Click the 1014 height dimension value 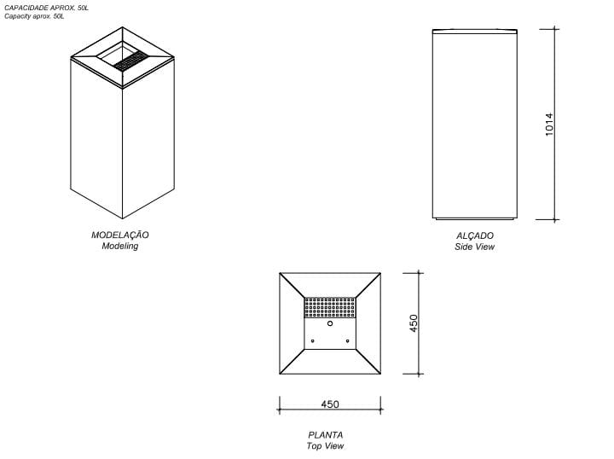click(549, 125)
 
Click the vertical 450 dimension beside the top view click(414, 323)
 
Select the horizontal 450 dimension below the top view click(330, 404)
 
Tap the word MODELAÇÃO click(120, 235)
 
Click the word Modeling click(120, 246)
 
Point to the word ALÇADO click(475, 235)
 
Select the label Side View click(475, 247)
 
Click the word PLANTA click(326, 435)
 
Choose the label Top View click(326, 445)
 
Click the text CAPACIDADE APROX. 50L click(46, 8)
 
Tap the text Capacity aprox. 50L click(34, 16)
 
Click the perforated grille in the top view click(330, 307)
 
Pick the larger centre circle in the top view click(330, 323)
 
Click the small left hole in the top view click(312, 341)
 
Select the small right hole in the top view click(347, 341)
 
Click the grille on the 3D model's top click(131, 62)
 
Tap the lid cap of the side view click(475, 32)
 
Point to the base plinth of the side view click(475, 218)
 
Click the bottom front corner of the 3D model click(123, 218)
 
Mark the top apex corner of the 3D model click(123, 27)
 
